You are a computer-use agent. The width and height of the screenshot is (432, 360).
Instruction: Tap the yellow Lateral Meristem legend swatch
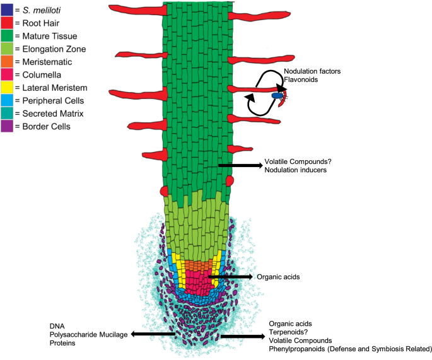[x=6, y=88]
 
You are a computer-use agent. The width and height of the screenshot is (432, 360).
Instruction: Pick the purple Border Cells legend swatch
[x=6, y=127]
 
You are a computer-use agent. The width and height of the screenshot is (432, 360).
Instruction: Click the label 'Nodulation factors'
[x=312, y=71]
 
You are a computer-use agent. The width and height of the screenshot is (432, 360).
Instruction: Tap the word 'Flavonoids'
[x=301, y=80]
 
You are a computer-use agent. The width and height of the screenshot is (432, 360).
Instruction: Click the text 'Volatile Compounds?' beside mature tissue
[x=298, y=161]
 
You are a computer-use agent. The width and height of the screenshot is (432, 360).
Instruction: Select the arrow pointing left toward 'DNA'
[x=153, y=334]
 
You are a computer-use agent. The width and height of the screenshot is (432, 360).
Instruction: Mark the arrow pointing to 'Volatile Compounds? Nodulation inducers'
[x=240, y=165]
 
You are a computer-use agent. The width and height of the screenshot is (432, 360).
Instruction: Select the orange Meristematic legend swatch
[x=6, y=61]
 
